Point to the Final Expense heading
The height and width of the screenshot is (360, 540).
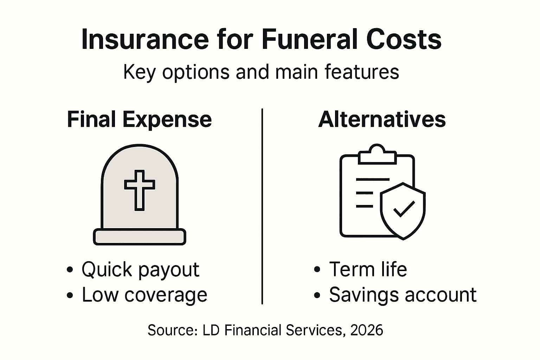139,120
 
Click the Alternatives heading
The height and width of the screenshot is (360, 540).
382,120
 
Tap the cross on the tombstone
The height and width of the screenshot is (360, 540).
140,190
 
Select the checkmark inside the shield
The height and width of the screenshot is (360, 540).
404,208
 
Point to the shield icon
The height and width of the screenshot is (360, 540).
403,211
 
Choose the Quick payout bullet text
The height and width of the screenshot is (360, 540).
140,270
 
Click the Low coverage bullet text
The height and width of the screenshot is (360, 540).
144,295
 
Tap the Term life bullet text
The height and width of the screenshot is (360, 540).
368,269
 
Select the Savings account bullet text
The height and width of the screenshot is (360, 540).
403,295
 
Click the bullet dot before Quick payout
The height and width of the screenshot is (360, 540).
70,270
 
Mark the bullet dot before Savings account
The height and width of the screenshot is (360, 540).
317,295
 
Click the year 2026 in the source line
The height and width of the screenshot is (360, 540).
367,330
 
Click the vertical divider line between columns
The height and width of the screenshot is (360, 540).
262,207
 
